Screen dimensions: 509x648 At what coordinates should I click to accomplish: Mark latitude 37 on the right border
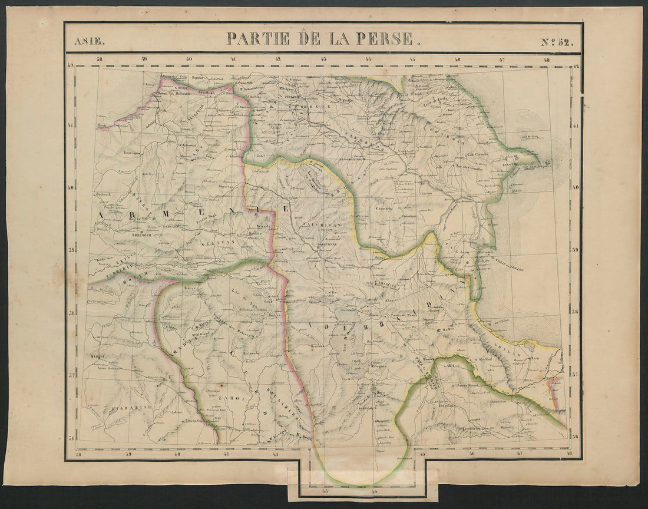coord(576,375)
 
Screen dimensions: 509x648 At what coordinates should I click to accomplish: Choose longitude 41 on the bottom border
coord(226,454)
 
